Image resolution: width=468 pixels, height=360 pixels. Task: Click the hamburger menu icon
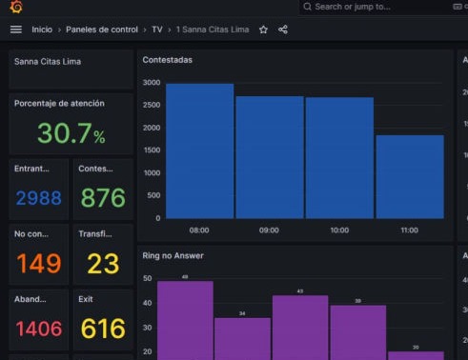(15, 30)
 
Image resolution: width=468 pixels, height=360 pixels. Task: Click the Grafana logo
(15, 7)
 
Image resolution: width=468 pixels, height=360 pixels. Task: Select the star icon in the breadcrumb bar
(263, 30)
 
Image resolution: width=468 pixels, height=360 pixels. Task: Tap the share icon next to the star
(283, 30)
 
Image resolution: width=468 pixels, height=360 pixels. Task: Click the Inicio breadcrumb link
(42, 30)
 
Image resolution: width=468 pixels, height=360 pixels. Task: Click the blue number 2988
(38, 198)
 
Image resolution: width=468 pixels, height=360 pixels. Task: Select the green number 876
(103, 198)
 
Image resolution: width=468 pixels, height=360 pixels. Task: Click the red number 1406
(38, 329)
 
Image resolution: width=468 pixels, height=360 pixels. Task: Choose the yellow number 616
(103, 329)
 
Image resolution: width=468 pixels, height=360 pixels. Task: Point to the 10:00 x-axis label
(339, 230)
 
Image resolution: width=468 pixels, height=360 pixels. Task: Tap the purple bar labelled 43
(300, 327)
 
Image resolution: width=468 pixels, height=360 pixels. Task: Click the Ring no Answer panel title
(173, 255)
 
